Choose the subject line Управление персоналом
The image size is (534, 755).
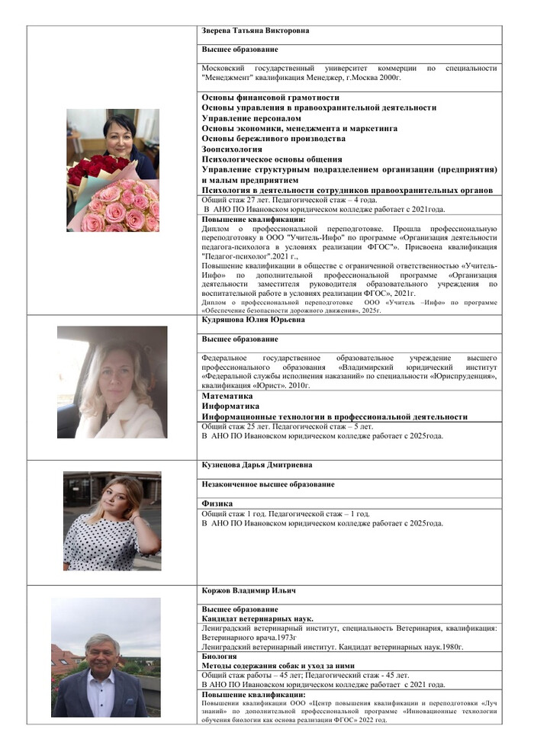coord(251,118)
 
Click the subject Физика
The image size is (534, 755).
coord(217,504)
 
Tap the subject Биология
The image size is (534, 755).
coord(219,656)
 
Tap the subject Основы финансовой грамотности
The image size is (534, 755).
coord(271,98)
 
